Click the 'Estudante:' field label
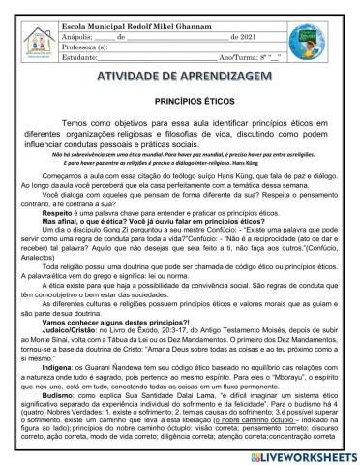[x=78, y=56]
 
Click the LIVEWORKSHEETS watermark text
[x=305, y=452]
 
